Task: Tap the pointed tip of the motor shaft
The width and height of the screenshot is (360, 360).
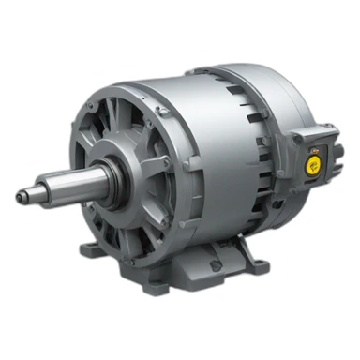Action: (21, 195)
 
